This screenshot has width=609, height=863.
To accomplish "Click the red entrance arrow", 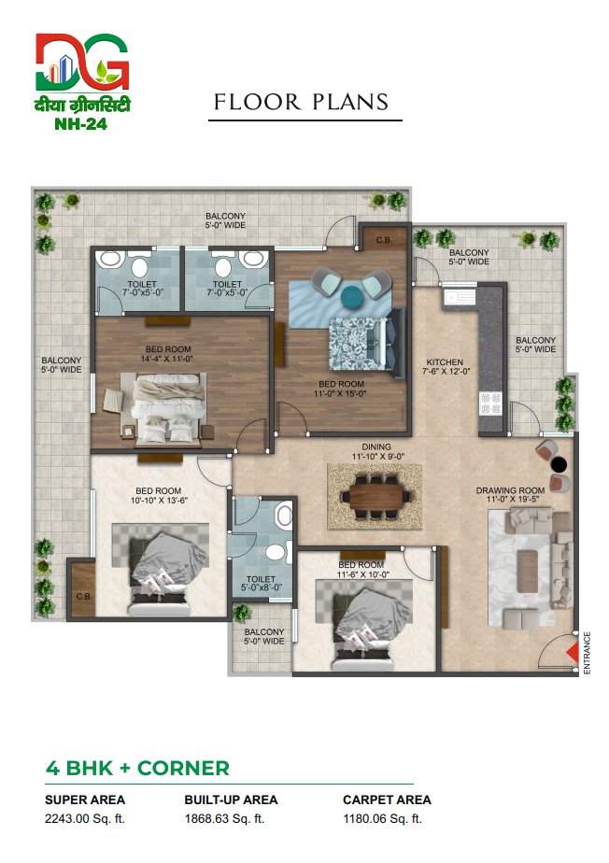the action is coord(574,653).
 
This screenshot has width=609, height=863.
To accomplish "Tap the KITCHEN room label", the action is coord(445,362).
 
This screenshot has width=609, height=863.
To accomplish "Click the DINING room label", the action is coord(376,446).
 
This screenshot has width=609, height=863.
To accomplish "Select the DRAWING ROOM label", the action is coord(510,490).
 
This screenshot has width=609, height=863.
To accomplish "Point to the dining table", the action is coord(377,495).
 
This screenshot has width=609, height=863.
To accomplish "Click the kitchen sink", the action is coord(460,297).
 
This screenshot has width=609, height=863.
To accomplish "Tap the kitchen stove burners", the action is coord(490,403).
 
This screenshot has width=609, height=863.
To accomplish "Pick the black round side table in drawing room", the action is coord(559,465).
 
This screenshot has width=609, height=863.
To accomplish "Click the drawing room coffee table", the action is coord(527,572).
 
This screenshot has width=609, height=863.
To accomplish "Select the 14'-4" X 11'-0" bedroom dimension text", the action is coord(167,359).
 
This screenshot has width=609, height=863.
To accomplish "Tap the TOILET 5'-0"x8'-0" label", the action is coord(261,584).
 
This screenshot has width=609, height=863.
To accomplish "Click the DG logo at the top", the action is coord(82,62).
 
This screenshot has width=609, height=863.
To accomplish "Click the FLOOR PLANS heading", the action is coord(301,102).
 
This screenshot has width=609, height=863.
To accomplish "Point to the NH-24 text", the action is coord(81,124).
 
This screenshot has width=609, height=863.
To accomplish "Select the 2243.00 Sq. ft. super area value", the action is coord(85,819).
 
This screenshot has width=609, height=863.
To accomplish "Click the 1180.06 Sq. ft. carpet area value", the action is coord(383,819).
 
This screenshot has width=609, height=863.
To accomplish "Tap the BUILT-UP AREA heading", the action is coord(232,799).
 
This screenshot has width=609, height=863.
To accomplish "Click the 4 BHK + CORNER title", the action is coord(137,769).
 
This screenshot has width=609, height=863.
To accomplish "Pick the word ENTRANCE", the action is coord(587,653).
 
